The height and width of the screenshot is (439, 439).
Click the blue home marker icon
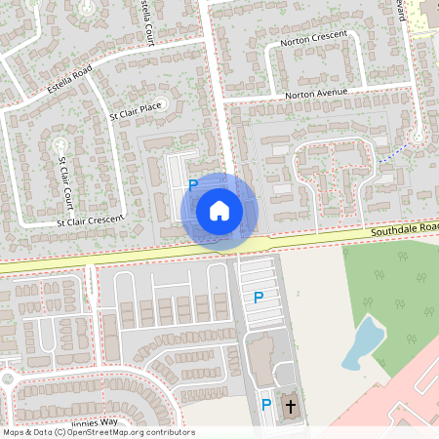pos(219,210)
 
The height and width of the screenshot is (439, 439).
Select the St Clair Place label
pos(136,112)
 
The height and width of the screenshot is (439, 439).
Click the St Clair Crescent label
pos(90,221)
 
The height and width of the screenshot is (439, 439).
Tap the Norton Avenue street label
pos(316,95)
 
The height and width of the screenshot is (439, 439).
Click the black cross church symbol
pos(290,405)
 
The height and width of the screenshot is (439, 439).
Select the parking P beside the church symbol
pos(265,405)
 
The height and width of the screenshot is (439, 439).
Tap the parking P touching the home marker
pos(193,185)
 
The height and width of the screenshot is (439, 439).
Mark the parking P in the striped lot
pos(258,298)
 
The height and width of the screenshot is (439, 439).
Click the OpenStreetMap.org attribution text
pos(127,432)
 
